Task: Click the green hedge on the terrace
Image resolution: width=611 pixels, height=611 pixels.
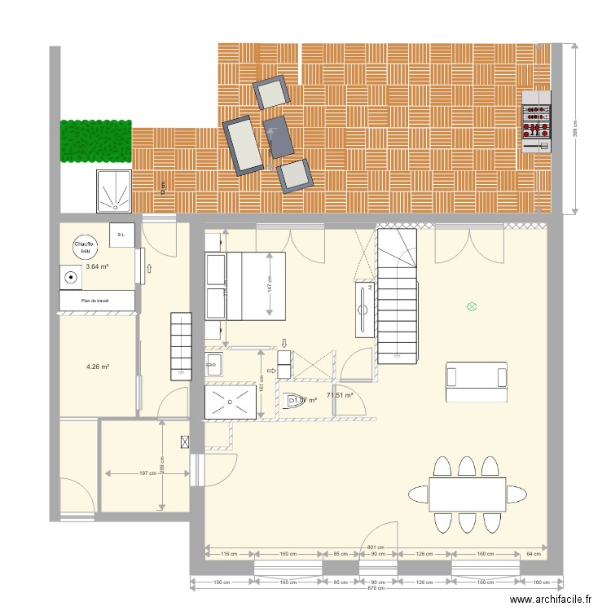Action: tap(95, 140)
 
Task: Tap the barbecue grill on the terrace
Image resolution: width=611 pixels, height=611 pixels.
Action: tap(536, 121)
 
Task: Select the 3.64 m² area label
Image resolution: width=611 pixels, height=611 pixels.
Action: tap(97, 266)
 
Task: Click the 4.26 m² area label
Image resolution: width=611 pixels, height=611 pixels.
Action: tap(98, 367)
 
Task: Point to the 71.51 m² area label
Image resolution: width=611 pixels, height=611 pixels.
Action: tap(339, 396)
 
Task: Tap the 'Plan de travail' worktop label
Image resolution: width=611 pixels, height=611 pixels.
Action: tap(95, 301)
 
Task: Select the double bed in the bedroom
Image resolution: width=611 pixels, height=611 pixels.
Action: tap(256, 285)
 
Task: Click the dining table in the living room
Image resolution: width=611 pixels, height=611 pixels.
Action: tap(467, 494)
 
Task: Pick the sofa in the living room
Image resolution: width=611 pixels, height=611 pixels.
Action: tap(476, 381)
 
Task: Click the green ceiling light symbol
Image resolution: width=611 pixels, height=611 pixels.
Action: tap(471, 306)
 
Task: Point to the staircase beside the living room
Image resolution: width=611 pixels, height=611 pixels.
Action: tap(397, 296)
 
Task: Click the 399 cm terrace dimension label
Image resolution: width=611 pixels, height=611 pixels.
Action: tap(576, 127)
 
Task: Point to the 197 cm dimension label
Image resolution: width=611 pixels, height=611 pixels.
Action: tap(144, 473)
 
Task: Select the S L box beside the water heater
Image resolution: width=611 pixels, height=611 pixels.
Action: tap(121, 235)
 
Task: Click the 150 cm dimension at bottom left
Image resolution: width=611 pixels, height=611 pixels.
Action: tap(222, 582)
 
